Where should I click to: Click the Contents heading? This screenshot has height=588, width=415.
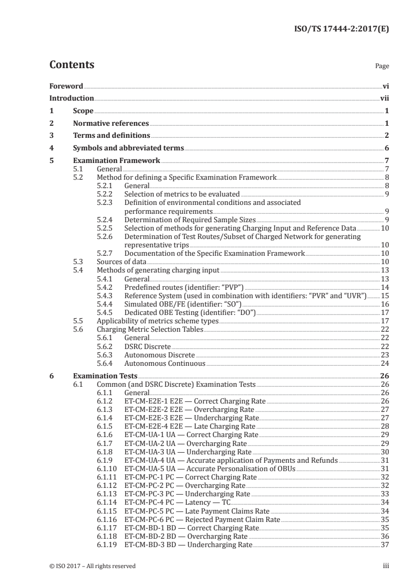72,65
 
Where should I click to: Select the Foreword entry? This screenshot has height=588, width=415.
66,86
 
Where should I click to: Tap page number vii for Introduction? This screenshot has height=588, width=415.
384,99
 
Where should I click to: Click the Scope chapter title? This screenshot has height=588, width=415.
83,111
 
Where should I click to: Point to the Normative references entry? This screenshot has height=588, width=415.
111,124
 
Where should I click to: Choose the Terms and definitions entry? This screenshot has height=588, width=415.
104,136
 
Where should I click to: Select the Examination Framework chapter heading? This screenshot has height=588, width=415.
117,161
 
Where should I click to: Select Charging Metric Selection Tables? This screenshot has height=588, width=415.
150,329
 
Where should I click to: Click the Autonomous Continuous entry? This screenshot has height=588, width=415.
164,363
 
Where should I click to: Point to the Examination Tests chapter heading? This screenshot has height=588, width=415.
105,376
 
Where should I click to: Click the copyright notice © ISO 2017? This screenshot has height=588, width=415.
92,566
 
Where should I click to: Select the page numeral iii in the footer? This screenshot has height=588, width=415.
386,566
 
